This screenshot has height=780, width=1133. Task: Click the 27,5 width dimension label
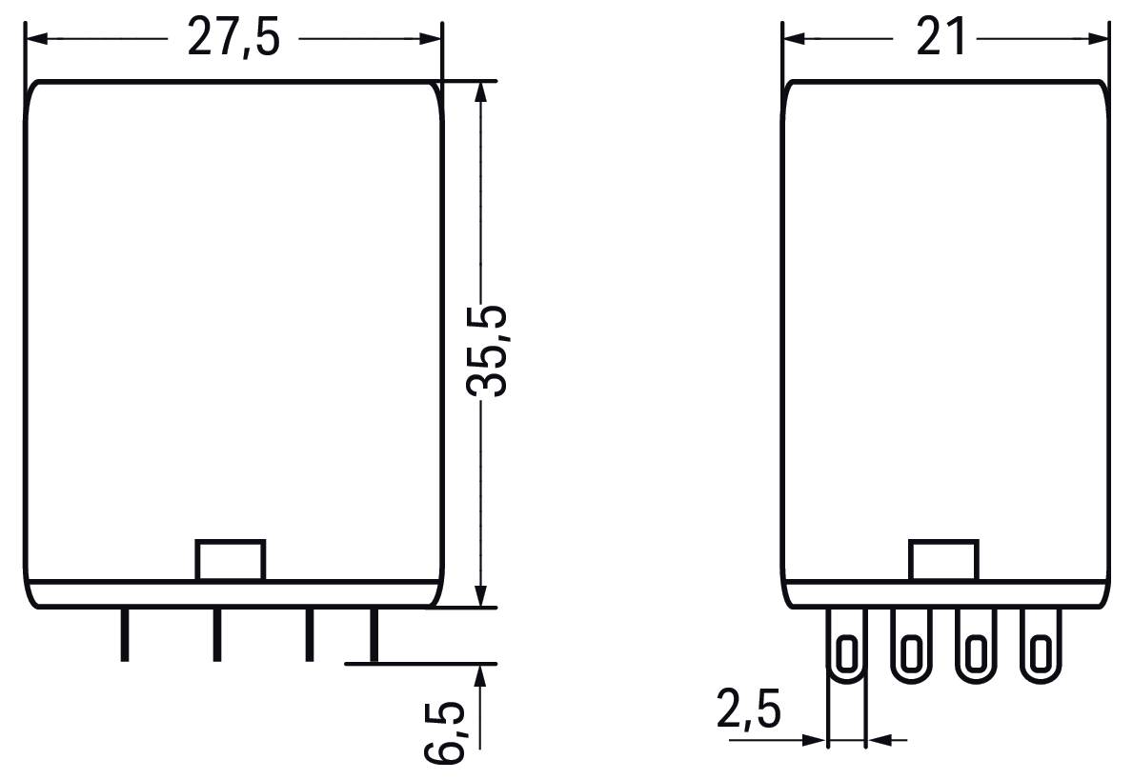click(233, 37)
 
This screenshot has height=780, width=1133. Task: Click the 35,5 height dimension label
click(486, 351)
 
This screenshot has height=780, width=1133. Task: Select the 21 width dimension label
click(941, 37)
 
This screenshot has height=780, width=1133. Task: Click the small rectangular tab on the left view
click(231, 560)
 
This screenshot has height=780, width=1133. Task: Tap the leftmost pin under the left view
click(125, 635)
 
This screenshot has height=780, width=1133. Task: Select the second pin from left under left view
click(216, 635)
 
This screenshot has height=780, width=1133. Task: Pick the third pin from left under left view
click(310, 635)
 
